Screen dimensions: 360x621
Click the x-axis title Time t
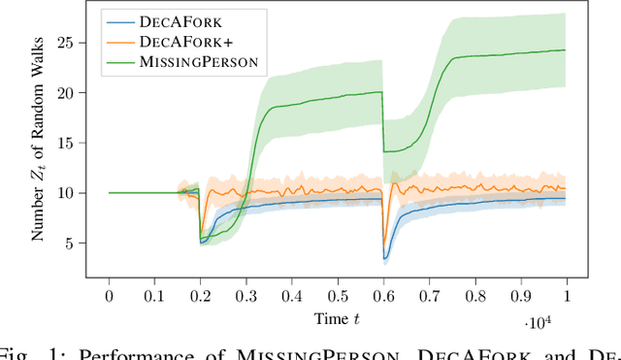(x=336, y=317)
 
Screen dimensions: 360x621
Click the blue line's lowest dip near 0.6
(x=385, y=259)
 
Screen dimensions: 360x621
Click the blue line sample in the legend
(x=122, y=18)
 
